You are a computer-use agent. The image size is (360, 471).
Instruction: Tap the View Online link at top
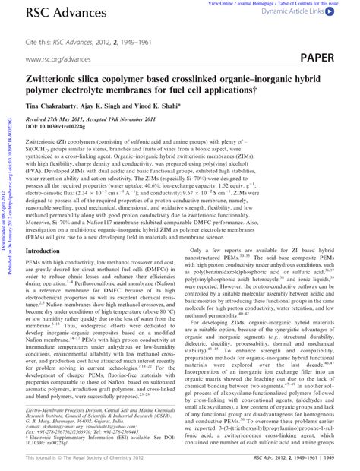[206, 3]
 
